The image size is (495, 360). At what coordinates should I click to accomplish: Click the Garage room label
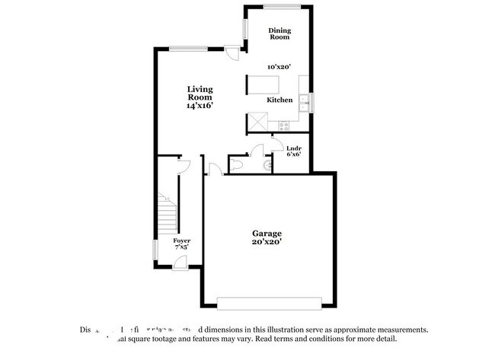pos(267,233)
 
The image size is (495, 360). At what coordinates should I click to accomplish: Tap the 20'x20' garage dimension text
pos(267,241)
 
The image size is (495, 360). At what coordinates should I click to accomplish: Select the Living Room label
pos(200,94)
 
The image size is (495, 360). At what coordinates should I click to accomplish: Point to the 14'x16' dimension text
pos(200,107)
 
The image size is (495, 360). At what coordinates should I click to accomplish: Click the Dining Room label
pos(279,33)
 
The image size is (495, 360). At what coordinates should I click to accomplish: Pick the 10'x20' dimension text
pos(279,66)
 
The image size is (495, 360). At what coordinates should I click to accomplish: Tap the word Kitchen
pos(279,100)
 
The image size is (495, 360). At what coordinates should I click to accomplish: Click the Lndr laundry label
pos(293,147)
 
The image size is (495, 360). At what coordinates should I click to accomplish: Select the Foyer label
pos(181,241)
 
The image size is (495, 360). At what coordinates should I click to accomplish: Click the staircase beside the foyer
pos(167,213)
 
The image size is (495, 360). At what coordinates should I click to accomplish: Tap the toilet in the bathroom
pos(237,164)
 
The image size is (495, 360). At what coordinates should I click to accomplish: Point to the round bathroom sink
pos(267,164)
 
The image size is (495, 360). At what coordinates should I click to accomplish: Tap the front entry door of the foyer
pos(180,262)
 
